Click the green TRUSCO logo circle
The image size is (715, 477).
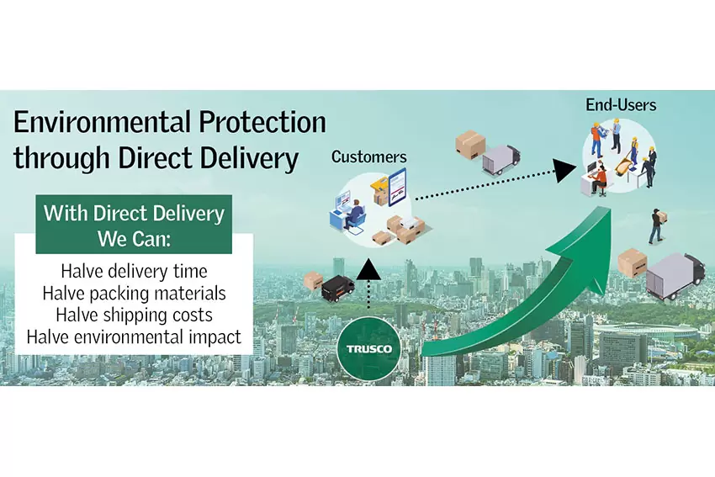[x=369, y=349]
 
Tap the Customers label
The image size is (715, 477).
[x=369, y=156]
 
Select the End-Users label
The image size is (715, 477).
[x=621, y=105]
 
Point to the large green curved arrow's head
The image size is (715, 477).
[x=588, y=241]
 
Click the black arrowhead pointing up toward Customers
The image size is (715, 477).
[x=368, y=269]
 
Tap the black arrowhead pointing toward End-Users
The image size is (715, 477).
[x=564, y=170]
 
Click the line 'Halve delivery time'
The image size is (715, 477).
[x=134, y=272]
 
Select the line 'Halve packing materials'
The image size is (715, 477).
[x=134, y=294]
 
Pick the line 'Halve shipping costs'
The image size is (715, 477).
[x=134, y=315]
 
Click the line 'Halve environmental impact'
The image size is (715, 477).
[x=134, y=337]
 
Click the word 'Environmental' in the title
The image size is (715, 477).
[x=102, y=122]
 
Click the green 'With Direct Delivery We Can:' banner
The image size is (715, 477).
[x=134, y=225]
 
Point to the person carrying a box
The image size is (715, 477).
[x=657, y=225]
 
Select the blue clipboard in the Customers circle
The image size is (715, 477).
[x=397, y=188]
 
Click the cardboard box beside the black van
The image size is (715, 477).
[x=313, y=280]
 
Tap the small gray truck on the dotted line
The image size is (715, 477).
[x=500, y=160]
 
